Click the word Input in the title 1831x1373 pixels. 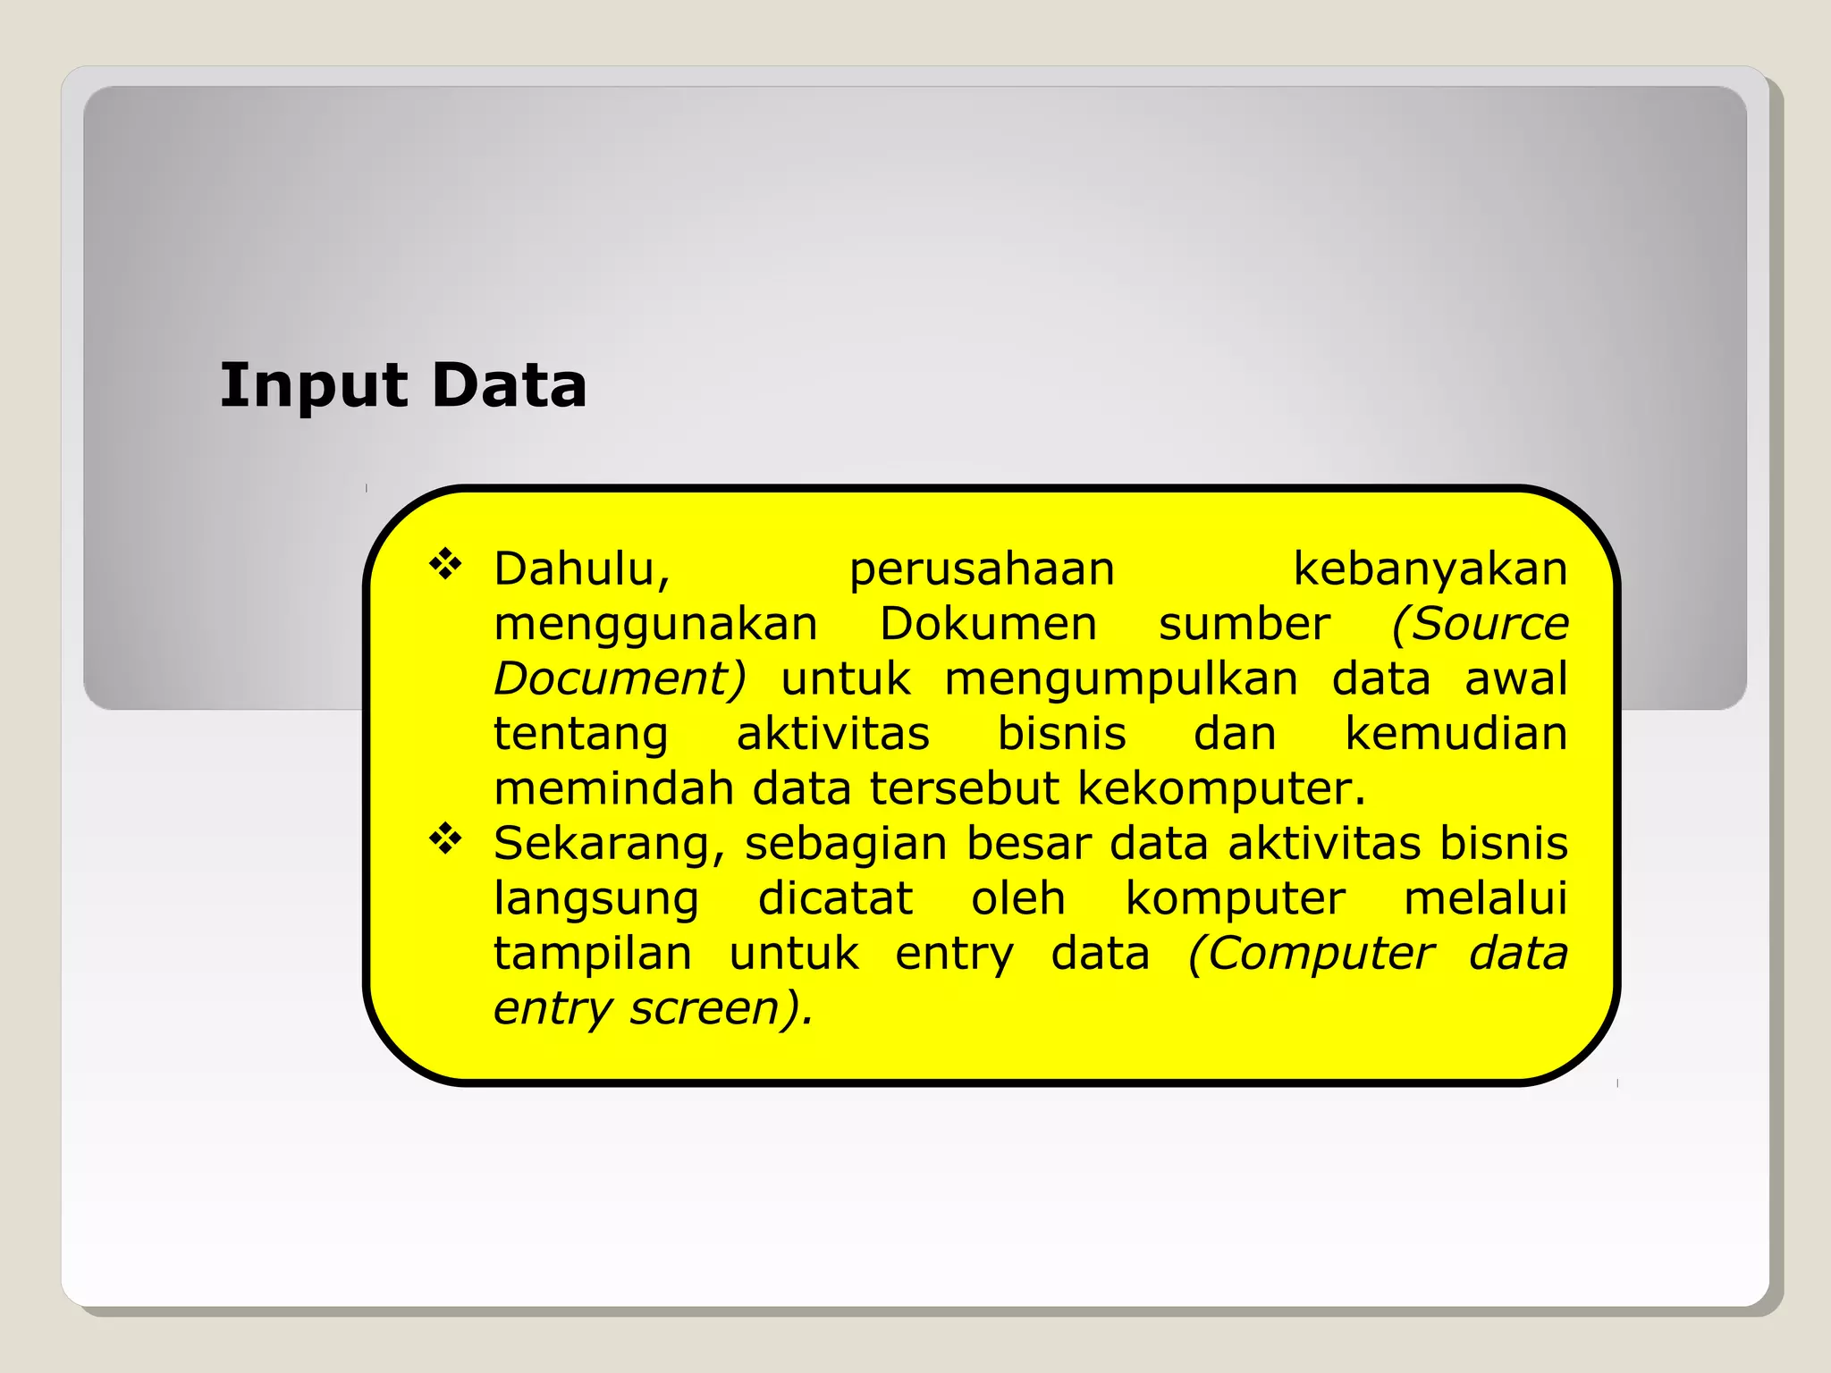(314, 386)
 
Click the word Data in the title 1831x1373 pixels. (509, 386)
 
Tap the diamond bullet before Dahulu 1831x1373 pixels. (445, 565)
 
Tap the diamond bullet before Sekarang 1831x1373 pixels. (445, 839)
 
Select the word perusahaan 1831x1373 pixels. (982, 570)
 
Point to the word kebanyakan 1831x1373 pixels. (1430, 569)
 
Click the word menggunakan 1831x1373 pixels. (655, 625)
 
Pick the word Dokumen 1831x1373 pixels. (988, 623)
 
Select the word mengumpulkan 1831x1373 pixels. (1121, 679)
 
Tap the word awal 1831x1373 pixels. (1516, 678)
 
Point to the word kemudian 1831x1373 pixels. (1456, 733)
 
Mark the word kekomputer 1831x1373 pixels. (1220, 789)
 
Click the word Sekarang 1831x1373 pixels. (609, 845)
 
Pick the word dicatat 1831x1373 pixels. (835, 898)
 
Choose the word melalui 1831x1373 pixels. (1486, 898)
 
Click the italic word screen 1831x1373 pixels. (715, 1008)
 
